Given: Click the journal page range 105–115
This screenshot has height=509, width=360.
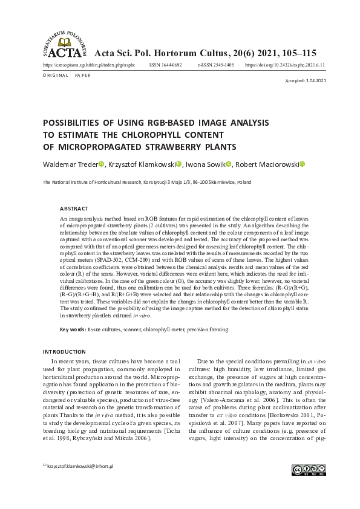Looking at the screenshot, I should (294, 53).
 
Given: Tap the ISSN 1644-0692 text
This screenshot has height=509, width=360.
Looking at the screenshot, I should (165, 64).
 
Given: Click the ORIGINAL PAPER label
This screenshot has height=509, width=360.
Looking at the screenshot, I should (67, 76).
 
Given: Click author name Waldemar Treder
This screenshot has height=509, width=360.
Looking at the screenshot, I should (70, 164).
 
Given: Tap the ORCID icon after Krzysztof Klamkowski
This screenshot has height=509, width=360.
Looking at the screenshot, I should (178, 164).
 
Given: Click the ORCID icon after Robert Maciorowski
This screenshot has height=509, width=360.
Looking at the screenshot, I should (303, 164).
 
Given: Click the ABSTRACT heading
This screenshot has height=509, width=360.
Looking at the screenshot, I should (73, 208).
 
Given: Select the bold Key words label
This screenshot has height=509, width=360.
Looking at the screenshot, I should (72, 329).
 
